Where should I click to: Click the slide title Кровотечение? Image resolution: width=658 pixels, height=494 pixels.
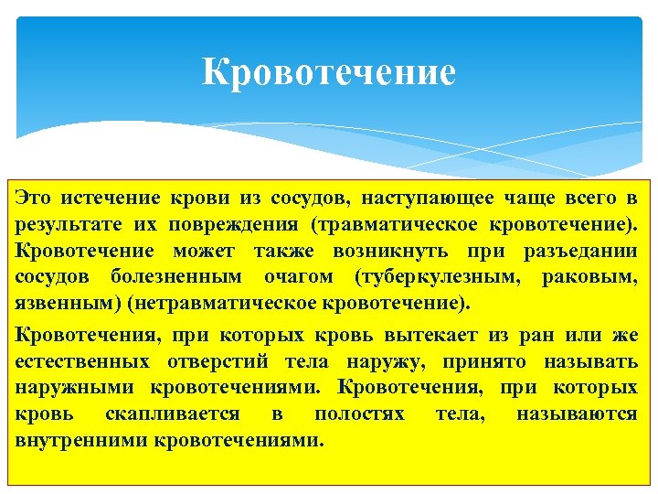[328, 71]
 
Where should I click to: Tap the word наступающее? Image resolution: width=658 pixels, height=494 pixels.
[427, 198]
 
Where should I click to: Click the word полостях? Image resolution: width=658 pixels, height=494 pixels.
[359, 413]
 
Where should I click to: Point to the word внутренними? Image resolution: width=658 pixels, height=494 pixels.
[83, 439]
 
